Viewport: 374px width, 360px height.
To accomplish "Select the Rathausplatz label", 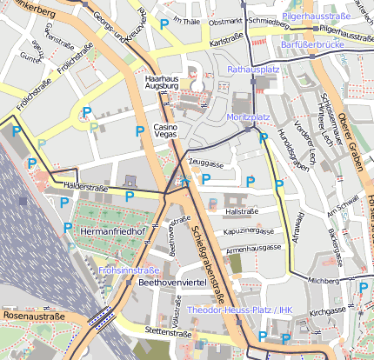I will (x=252, y=68).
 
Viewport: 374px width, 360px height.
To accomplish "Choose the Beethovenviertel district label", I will (x=177, y=283).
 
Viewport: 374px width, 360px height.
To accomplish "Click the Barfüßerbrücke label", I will (x=315, y=45).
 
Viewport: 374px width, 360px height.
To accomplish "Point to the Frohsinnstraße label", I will (x=129, y=270).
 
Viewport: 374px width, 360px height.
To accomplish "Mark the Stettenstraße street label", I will (x=168, y=331).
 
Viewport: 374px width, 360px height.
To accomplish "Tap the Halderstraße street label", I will (x=84, y=186).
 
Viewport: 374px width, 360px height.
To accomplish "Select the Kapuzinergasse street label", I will (x=249, y=231).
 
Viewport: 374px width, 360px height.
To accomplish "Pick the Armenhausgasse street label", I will (x=255, y=249).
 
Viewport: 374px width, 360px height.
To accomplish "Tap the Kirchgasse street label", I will (x=328, y=310).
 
